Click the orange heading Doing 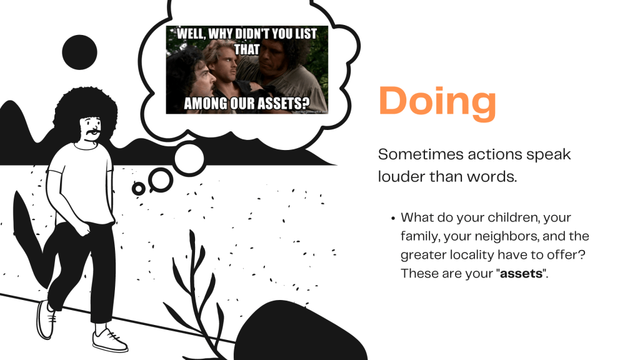(x=437, y=102)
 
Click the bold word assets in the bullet (x=521, y=273)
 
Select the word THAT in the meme (x=246, y=49)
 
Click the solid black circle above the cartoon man (x=79, y=52)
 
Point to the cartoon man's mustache (x=92, y=132)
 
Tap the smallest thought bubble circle (x=138, y=188)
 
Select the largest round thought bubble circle (x=189, y=158)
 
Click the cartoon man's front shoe (x=109, y=340)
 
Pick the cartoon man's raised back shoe (x=45, y=319)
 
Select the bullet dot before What (x=393, y=218)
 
